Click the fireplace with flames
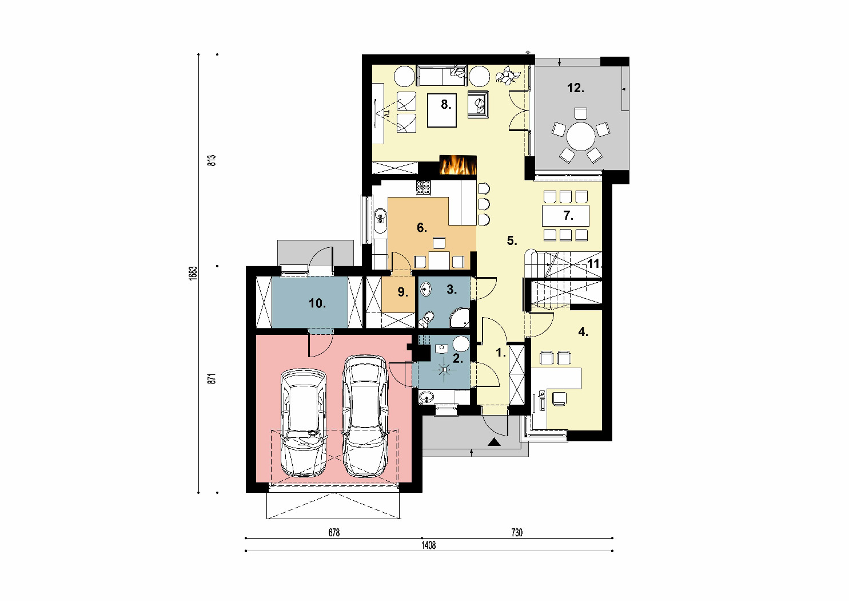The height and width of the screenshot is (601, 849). tap(458, 165)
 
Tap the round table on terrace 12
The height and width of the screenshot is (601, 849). tap(581, 136)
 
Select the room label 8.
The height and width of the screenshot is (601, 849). tap(446, 104)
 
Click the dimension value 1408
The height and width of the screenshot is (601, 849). tap(429, 545)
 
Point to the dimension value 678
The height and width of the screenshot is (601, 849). tap(334, 532)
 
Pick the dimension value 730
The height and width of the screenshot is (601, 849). tap(517, 532)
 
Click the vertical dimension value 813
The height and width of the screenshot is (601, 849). tap(212, 160)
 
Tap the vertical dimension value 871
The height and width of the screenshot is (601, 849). tap(212, 378)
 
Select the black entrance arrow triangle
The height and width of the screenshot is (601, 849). tap(494, 442)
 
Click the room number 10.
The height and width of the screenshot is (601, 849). tap(317, 303)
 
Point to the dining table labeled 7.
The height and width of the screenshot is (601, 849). tap(566, 216)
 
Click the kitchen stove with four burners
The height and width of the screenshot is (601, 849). tap(424, 187)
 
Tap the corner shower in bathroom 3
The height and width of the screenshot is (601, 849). tap(460, 318)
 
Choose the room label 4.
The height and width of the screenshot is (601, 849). tap(583, 332)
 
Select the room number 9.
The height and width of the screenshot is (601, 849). tap(402, 292)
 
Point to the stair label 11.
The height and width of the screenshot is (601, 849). tap(594, 263)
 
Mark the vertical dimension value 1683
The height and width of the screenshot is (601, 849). tap(193, 273)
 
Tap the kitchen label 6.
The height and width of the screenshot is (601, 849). tap(421, 228)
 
